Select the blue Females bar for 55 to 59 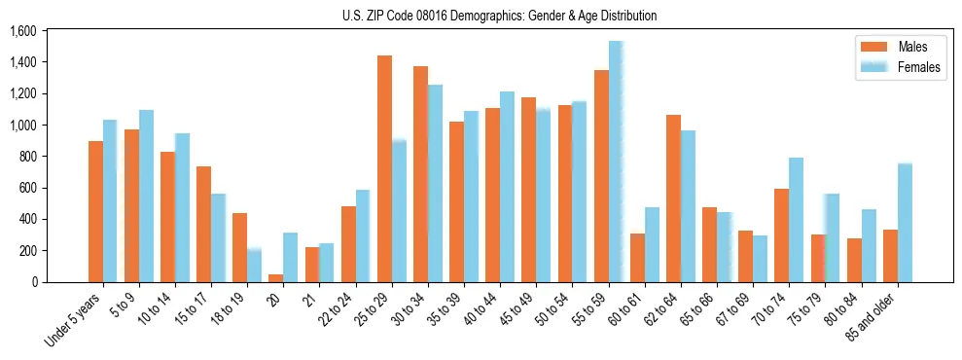pyautogui.click(x=616, y=162)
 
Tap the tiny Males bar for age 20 pyautogui.click(x=276, y=278)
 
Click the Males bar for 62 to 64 pyautogui.click(x=673, y=198)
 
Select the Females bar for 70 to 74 pyautogui.click(x=797, y=220)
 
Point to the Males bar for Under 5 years pyautogui.click(x=95, y=211)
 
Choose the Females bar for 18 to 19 pyautogui.click(x=254, y=265)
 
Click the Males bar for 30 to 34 pyautogui.click(x=420, y=174)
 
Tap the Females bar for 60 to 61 pyautogui.click(x=652, y=244)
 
